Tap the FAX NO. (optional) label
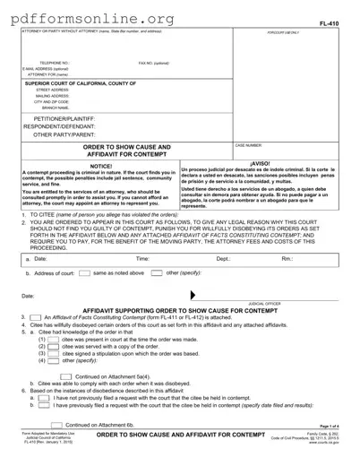[x=153, y=64]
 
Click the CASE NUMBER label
[x=248, y=144]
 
